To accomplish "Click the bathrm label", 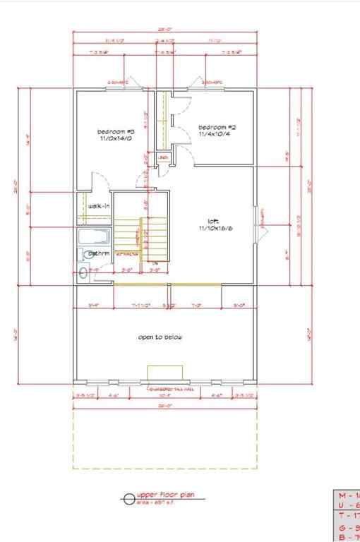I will pos(99,253).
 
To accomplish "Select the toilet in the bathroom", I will pos(84,272).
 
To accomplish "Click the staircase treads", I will pos(141,240).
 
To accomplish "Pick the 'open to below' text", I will pos(160,337).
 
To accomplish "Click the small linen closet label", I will pos(162,157).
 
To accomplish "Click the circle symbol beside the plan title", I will pos(128,500).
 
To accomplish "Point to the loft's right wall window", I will pos(257,224).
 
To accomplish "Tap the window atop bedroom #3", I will pos(118,89).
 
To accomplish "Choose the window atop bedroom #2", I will pos(212,89).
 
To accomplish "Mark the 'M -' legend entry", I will pos(346,495).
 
